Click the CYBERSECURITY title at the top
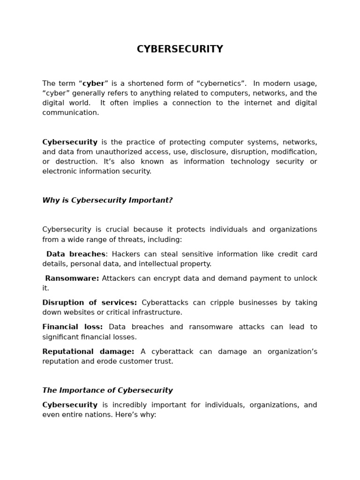pyautogui.click(x=180, y=49)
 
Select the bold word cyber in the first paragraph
pyautogui.click(x=93, y=83)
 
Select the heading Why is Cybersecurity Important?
pyautogui.click(x=107, y=200)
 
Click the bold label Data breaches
pyautogui.click(x=75, y=254)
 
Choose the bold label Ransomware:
pyautogui.click(x=72, y=278)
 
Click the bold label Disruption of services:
pyautogui.click(x=90, y=303)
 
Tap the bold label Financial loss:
pyautogui.click(x=73, y=327)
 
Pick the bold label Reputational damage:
pyautogui.click(x=88, y=352)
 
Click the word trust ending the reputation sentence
pyautogui.click(x=163, y=361)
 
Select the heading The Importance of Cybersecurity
pyautogui.click(x=107, y=390)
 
